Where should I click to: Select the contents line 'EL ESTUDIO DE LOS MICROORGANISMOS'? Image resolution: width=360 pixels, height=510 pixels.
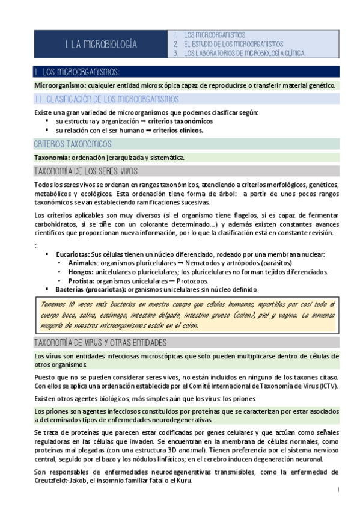(x=233, y=44)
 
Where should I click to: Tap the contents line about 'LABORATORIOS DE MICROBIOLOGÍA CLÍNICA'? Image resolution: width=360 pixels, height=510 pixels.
(x=245, y=53)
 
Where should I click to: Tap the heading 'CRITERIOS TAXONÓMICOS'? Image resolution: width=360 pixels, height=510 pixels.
(x=72, y=144)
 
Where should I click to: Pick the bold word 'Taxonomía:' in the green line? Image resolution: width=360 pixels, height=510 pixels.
(x=52, y=157)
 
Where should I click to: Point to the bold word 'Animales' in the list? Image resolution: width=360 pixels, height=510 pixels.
(x=83, y=263)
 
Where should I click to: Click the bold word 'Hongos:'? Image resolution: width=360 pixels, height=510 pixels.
(x=82, y=272)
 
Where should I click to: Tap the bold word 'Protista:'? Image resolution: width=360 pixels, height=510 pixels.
(x=84, y=280)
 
